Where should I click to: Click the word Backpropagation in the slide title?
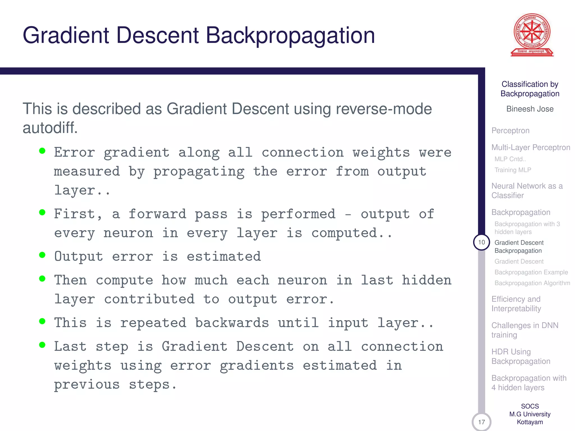tap(290, 36)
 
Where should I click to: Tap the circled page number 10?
tap(481, 242)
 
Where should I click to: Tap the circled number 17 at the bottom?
tap(481, 422)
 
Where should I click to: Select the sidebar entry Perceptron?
tap(510, 131)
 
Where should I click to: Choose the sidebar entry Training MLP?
tap(513, 170)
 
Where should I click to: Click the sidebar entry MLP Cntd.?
tap(510, 159)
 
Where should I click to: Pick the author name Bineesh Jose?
tap(530, 109)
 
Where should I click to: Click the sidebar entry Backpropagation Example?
tap(531, 272)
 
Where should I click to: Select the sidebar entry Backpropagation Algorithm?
tap(532, 283)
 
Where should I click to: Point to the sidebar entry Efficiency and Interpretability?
tap(516, 304)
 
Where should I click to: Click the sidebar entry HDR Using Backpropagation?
tap(521, 357)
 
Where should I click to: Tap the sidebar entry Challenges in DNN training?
tap(524, 330)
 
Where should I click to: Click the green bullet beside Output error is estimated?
tap(42, 255)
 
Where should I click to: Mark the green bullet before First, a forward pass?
tap(42, 212)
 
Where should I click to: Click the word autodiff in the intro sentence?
tap(50, 128)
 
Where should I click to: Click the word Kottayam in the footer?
tap(530, 422)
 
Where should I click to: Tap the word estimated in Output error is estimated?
tap(224, 256)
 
